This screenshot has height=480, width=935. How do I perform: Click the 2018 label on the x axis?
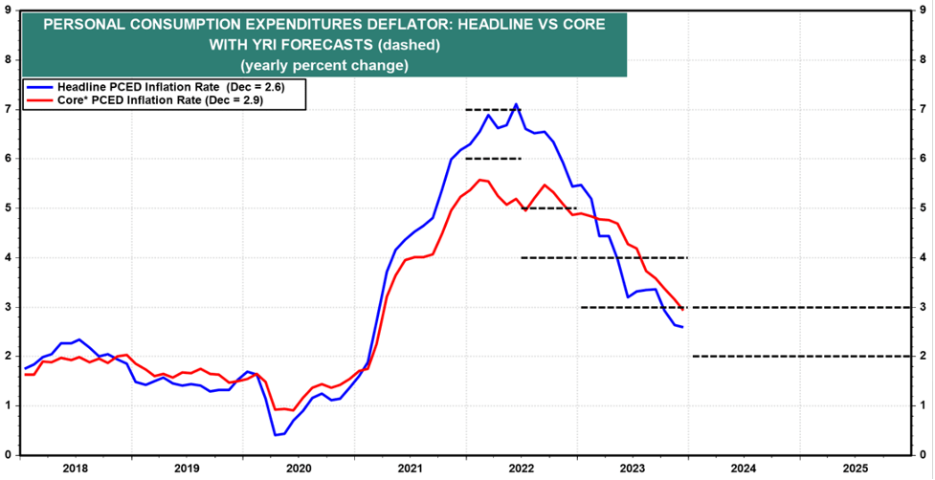click(x=75, y=469)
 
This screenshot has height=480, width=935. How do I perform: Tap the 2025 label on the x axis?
click(x=856, y=469)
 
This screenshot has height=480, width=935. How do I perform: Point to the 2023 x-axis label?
click(x=632, y=469)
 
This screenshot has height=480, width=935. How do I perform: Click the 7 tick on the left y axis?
click(x=9, y=109)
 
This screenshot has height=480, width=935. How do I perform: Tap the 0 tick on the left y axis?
click(x=9, y=455)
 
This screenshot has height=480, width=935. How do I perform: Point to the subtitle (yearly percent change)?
click(x=324, y=65)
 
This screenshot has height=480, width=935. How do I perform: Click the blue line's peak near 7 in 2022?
click(x=517, y=104)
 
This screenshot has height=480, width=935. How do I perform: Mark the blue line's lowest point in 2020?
click(x=275, y=435)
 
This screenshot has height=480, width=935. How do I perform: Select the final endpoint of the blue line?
click(x=682, y=327)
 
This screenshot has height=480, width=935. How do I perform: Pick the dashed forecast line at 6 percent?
click(x=492, y=158)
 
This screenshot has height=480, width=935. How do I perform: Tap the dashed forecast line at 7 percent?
click(x=492, y=109)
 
